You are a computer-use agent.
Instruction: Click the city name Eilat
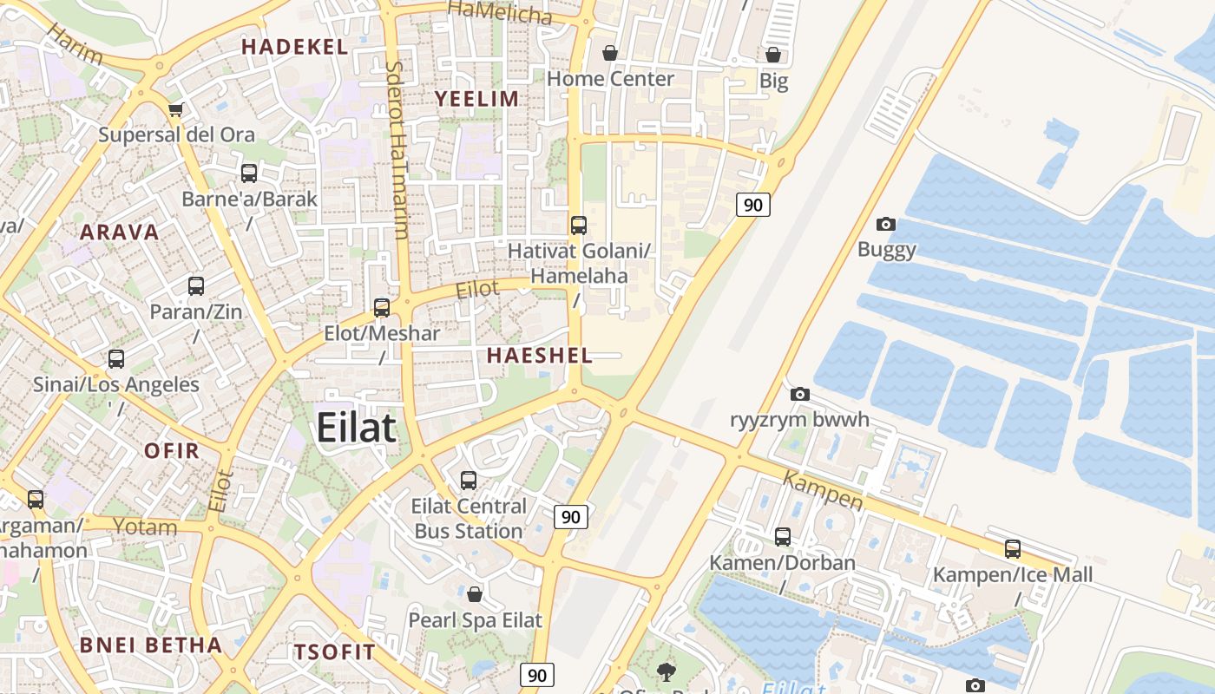click(x=356, y=428)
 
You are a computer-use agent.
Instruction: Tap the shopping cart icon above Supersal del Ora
click(x=176, y=109)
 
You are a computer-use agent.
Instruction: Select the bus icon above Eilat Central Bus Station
click(x=469, y=480)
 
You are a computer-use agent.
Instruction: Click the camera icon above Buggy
click(x=886, y=225)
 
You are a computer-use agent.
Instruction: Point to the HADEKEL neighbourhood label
click(x=294, y=47)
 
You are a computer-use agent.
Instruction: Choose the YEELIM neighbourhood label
click(x=477, y=99)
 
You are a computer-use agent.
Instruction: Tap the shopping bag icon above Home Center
click(x=610, y=53)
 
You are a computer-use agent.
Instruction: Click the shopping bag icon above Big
click(x=773, y=56)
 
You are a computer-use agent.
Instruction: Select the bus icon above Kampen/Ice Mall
click(x=1013, y=548)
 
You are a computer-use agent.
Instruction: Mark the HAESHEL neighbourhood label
click(x=540, y=355)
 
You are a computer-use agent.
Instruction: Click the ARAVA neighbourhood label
click(x=120, y=232)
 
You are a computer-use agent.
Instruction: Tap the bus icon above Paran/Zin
click(x=196, y=285)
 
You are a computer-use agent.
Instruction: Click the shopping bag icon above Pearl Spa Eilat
click(x=475, y=594)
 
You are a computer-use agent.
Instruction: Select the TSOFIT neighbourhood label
click(x=335, y=652)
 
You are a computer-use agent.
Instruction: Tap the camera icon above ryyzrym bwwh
click(x=800, y=395)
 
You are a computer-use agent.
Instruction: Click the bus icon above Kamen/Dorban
click(x=783, y=537)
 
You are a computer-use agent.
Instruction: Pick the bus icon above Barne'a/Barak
click(x=249, y=173)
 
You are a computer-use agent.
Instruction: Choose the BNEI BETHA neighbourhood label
click(x=151, y=645)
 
